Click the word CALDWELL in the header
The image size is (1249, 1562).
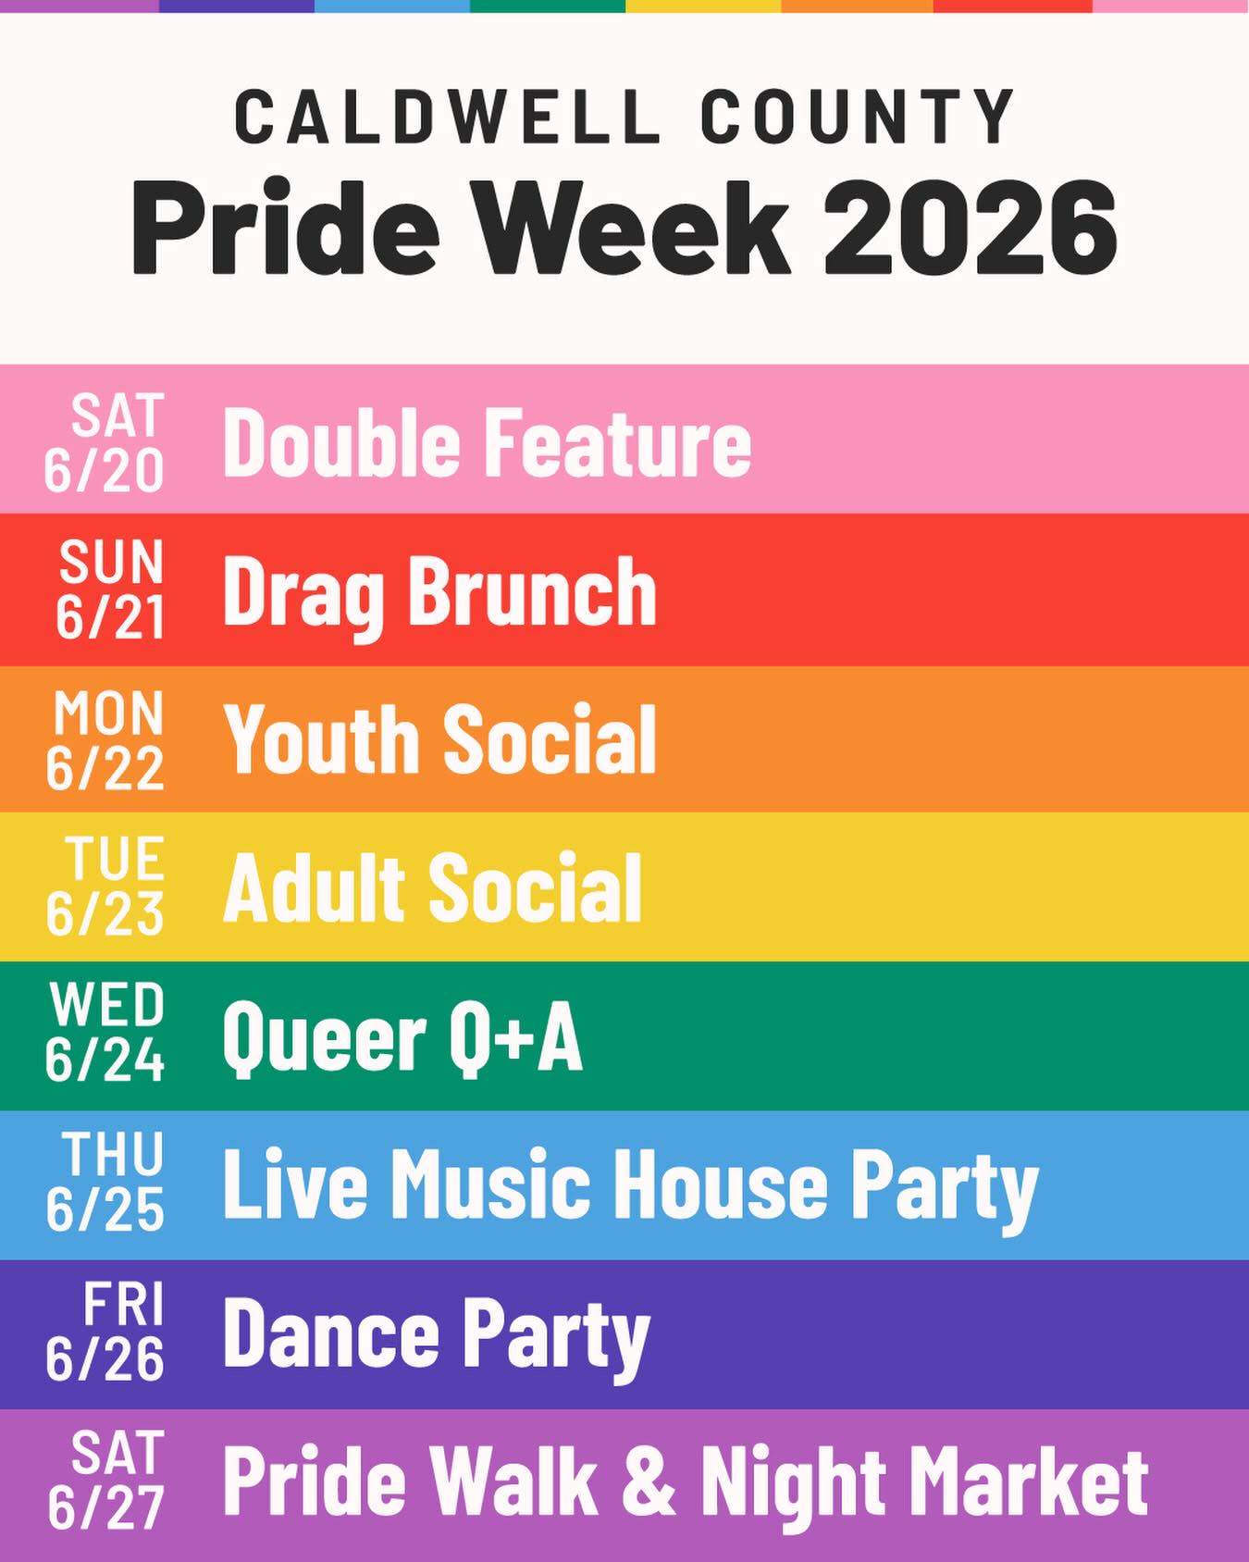pyautogui.click(x=447, y=118)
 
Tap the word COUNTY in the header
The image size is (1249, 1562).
pyautogui.click(x=858, y=118)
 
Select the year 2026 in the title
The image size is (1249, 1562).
pyautogui.click(x=970, y=225)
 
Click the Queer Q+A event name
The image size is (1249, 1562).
pyautogui.click(x=402, y=1038)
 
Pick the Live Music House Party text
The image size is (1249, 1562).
pyautogui.click(x=631, y=1187)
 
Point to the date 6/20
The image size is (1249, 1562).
pyautogui.click(x=105, y=471)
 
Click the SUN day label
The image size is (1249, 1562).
pyautogui.click(x=112, y=562)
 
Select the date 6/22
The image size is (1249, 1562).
pyautogui.click(x=105, y=768)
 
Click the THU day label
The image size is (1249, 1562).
pyautogui.click(x=114, y=1154)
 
